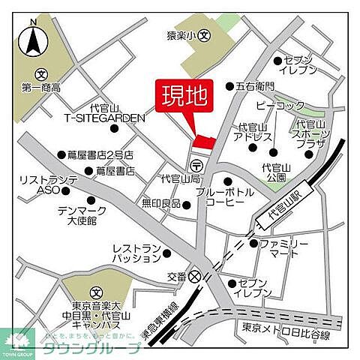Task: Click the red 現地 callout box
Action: [x=184, y=97]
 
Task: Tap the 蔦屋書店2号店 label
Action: [x=100, y=154]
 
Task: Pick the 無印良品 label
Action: [x=161, y=203]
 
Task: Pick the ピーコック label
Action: [x=280, y=106]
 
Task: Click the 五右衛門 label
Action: [x=255, y=86]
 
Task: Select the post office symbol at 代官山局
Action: [x=196, y=165]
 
